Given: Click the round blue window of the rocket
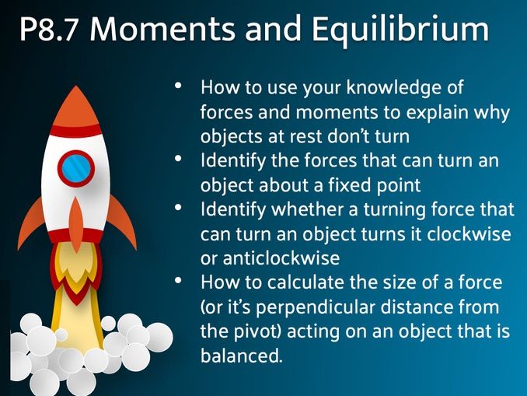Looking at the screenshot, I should click(x=75, y=167).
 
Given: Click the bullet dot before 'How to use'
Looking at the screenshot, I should click(x=180, y=86).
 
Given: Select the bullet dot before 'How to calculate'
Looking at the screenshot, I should click(x=180, y=280).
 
